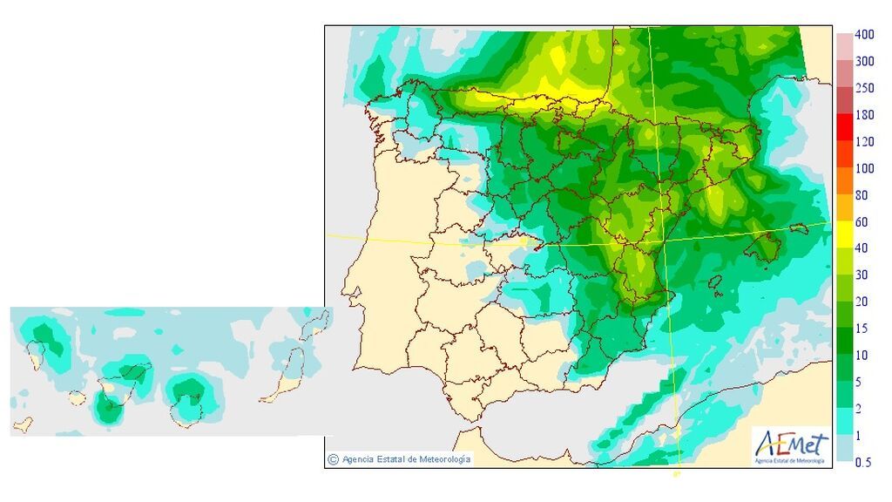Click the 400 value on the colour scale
coord(864,35)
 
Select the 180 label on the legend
coord(864,115)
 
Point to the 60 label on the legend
coord(861,222)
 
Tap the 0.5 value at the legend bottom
coord(862,463)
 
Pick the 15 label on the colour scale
coord(861,329)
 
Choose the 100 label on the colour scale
coord(864,168)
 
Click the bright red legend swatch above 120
coord(845,128)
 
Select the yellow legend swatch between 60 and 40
coord(845,235)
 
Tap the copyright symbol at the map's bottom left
coord(333,458)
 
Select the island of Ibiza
coord(714,283)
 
